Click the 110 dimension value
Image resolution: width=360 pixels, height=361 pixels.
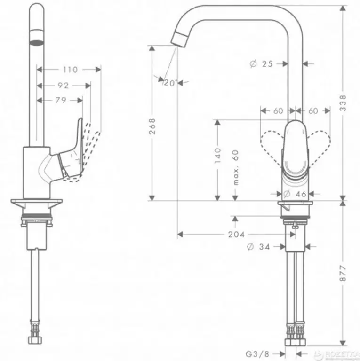pos(70,70)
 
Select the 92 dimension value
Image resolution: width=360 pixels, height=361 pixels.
pos(63,86)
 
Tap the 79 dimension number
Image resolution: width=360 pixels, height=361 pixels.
pos(60,100)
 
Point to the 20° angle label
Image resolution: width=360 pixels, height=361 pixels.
pos(170,83)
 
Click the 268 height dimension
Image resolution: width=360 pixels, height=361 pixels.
pos(152,126)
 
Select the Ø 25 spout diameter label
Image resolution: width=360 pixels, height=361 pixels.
pos(262,64)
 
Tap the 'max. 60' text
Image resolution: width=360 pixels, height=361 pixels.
pos(236,167)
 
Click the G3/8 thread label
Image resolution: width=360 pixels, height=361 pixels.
pos(259,352)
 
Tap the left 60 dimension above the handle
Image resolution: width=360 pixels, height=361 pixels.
pos(278,111)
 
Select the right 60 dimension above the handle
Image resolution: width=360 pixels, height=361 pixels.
pos(313,111)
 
